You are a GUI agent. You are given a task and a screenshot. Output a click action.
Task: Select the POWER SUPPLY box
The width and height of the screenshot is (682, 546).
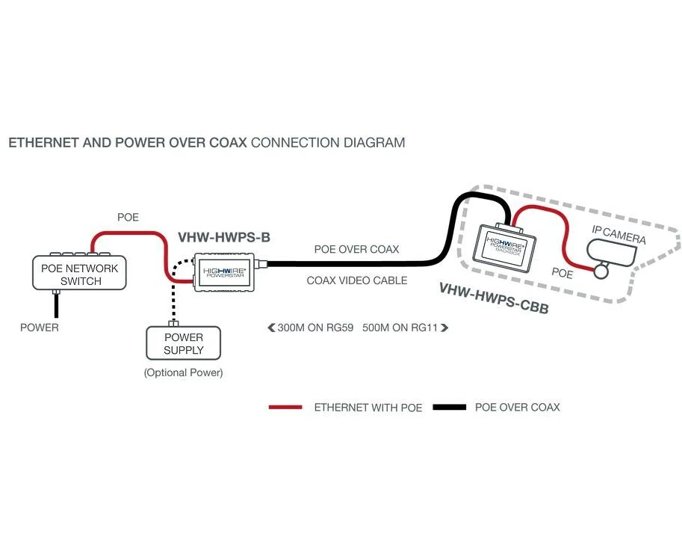tap(184, 343)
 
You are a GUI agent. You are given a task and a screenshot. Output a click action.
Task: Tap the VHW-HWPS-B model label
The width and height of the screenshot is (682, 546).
tap(223, 237)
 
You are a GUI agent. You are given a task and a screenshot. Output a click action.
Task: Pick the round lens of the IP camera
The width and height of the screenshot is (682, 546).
tap(602, 270)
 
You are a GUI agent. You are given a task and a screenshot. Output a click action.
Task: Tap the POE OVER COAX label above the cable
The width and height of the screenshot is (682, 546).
tap(356, 249)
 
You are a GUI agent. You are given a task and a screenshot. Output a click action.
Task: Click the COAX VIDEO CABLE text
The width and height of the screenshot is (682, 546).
tap(357, 280)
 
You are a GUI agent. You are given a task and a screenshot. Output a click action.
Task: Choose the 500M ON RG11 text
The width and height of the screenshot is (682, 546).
tap(400, 327)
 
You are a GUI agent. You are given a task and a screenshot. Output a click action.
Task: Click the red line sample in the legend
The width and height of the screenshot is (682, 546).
tap(285, 408)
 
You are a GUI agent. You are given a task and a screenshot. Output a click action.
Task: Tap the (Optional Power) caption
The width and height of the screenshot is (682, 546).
tap(183, 372)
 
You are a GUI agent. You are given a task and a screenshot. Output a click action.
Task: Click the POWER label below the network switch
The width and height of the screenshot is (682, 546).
tap(39, 327)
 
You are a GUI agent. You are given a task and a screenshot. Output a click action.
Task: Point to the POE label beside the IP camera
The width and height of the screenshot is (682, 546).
tap(562, 274)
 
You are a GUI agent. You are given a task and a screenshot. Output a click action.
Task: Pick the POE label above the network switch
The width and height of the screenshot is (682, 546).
tap(128, 218)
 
